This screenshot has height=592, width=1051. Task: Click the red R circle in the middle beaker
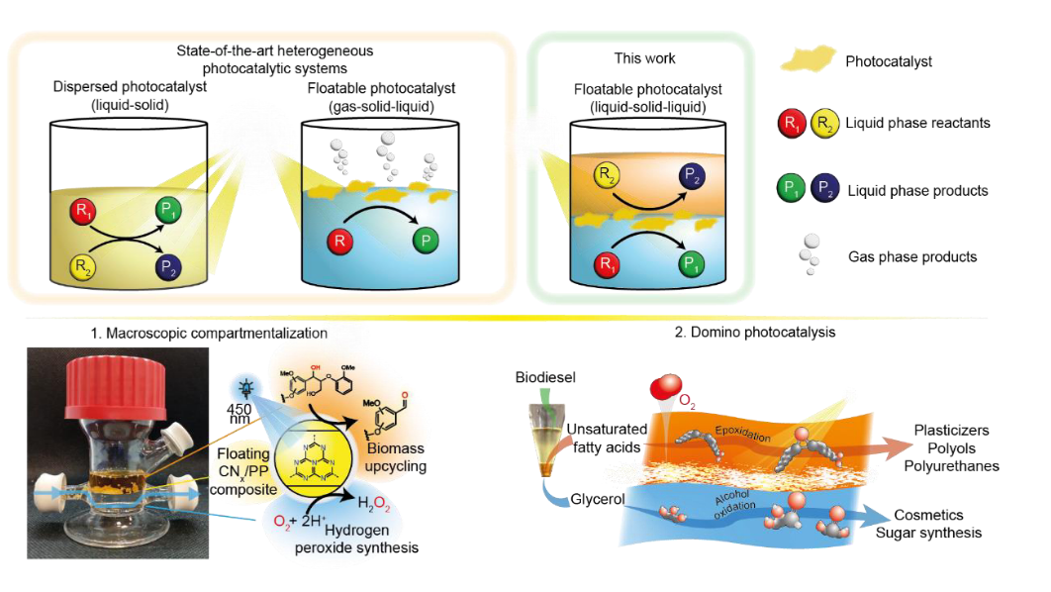pyautogui.click(x=341, y=241)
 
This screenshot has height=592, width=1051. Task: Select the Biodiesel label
pyautogui.click(x=544, y=378)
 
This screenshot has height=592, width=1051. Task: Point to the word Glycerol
pyautogui.click(x=596, y=499)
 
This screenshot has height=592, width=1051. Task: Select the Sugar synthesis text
pyautogui.click(x=928, y=533)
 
